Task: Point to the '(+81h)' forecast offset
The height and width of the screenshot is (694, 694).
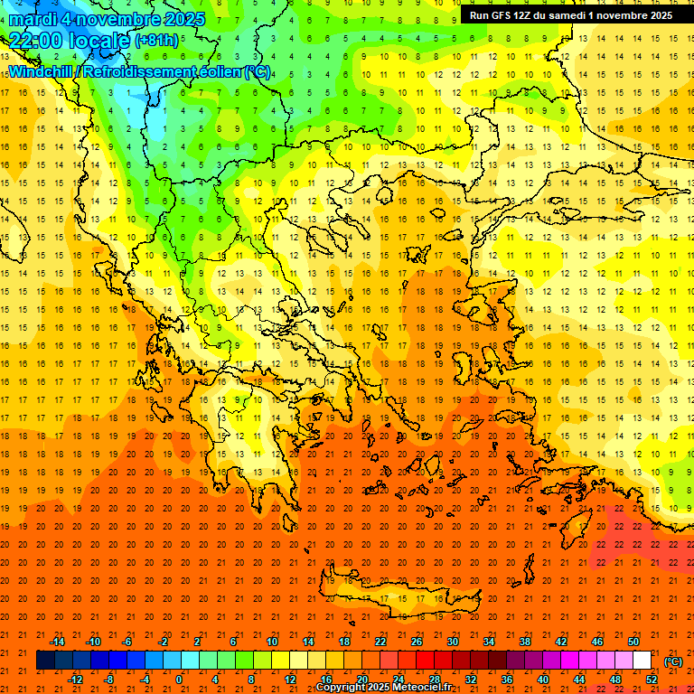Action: (x=156, y=41)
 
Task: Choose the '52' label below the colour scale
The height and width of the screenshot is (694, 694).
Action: (x=652, y=680)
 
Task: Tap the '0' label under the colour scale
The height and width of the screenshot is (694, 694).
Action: (x=179, y=680)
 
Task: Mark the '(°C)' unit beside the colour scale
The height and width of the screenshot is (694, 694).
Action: (x=673, y=661)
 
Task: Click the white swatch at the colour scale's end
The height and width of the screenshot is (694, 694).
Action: (x=642, y=661)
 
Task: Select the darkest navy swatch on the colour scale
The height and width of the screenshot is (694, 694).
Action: (x=45, y=661)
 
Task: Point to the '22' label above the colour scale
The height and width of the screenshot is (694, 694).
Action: (x=380, y=642)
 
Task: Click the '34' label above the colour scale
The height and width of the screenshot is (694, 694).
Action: (x=489, y=642)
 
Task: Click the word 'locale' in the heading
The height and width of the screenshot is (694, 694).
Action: (x=103, y=41)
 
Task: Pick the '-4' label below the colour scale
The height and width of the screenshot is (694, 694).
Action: (x=144, y=680)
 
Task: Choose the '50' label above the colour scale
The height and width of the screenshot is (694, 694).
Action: (x=633, y=642)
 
